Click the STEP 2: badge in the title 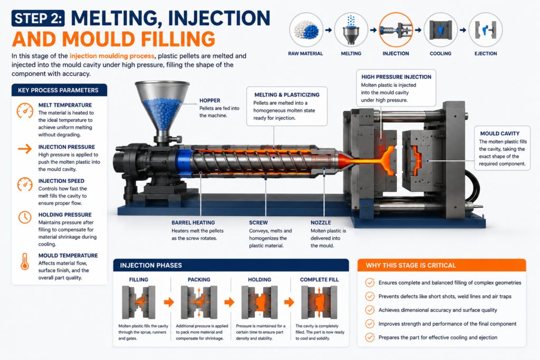38,18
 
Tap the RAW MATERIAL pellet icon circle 306,30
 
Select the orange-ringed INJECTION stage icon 396,30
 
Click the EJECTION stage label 486,53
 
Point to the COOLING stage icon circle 440,30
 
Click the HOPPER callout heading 210,101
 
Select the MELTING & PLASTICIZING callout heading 287,95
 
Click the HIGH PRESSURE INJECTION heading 396,77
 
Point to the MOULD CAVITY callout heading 500,133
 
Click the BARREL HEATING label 193,222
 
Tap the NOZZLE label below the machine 321,222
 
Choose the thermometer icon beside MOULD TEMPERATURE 25,261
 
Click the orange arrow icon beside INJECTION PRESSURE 25,149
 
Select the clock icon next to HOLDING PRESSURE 25,217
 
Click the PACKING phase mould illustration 198,303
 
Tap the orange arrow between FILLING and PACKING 169,302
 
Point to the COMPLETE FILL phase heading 319,279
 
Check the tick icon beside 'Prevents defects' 370,296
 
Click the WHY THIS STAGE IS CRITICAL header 410,265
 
